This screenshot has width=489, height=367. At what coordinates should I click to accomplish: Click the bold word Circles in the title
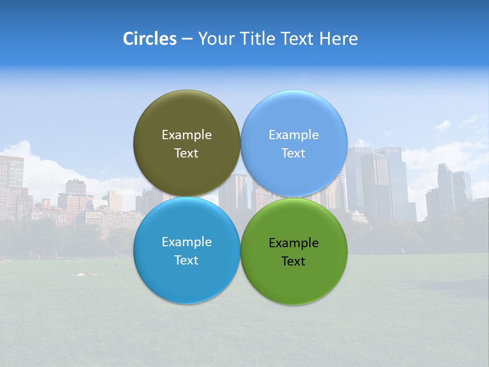[149, 39]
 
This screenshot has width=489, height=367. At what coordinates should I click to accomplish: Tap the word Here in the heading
[338, 39]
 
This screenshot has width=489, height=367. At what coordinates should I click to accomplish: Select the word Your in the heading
[215, 39]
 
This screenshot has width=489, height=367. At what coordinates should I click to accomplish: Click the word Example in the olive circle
[186, 135]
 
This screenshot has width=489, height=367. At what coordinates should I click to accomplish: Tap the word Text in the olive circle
[186, 153]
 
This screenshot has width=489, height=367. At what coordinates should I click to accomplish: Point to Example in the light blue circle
[294, 135]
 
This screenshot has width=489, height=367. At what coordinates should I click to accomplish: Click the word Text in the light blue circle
[294, 153]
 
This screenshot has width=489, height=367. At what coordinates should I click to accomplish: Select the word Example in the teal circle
[186, 242]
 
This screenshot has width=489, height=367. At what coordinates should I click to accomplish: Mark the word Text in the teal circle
[186, 260]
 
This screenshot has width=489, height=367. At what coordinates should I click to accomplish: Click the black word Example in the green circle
[294, 243]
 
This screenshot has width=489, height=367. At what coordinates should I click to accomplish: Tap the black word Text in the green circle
[294, 261]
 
